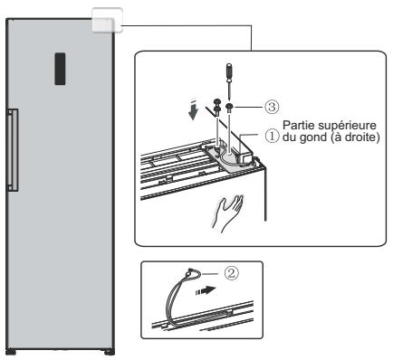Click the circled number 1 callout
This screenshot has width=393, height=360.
272,137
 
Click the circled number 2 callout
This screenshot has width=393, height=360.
231,273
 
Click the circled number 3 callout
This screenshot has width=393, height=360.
272,107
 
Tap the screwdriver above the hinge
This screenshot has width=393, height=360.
230,81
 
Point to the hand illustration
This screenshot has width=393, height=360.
228,213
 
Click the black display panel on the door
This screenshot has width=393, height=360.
60,69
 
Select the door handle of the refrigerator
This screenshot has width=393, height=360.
13,150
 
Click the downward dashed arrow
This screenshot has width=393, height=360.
193,109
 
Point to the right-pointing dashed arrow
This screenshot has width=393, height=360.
206,290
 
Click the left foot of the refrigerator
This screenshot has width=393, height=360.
11,352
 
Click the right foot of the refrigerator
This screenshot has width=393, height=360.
110,352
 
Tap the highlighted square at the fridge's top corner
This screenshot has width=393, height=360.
107,20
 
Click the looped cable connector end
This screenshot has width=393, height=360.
190,273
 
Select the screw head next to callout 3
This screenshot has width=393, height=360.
229,106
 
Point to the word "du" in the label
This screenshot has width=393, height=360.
290,137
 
